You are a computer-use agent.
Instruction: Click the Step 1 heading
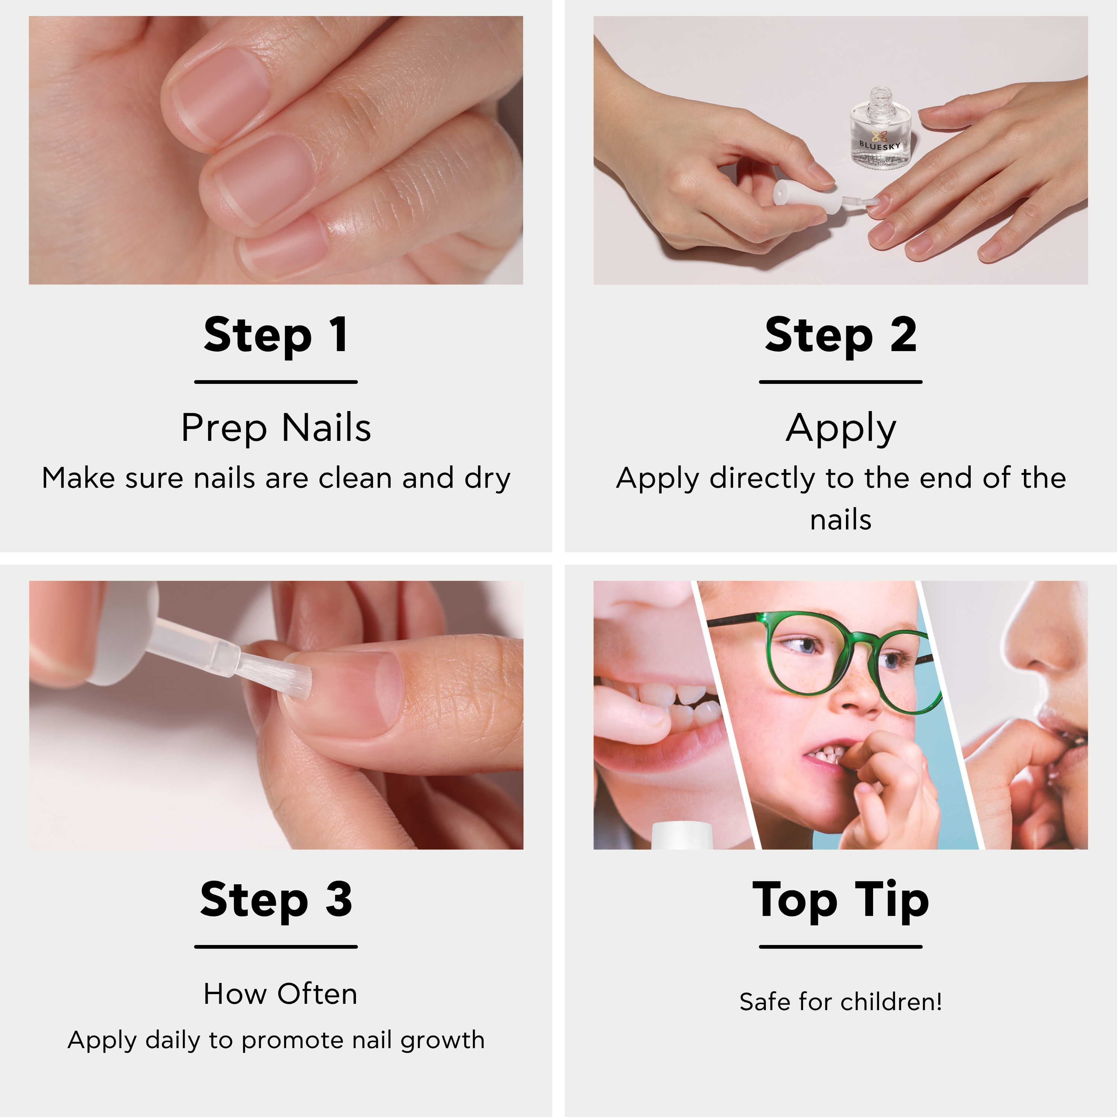click(x=276, y=335)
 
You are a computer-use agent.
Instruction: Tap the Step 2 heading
click(x=841, y=335)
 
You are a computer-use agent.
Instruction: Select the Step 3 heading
click(x=276, y=900)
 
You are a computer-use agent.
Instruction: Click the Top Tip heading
click(x=841, y=901)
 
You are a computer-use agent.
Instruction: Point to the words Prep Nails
click(x=276, y=429)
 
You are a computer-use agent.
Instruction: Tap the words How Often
click(x=280, y=994)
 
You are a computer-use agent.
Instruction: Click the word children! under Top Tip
click(x=891, y=1002)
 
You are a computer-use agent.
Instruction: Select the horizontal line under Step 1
click(x=276, y=382)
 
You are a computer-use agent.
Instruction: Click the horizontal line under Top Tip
click(x=841, y=947)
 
